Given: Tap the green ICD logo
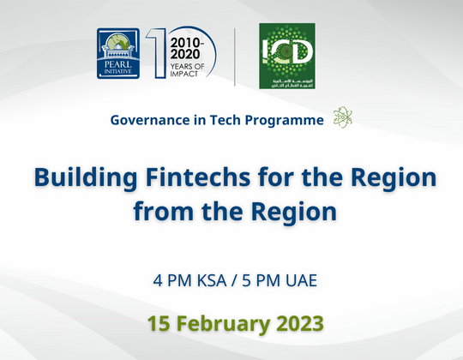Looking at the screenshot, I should tap(287, 57).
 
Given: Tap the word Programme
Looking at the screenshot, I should tap(286, 119).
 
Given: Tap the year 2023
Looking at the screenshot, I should tap(299, 323).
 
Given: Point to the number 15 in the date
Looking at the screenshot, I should tap(157, 323).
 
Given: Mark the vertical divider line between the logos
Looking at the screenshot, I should tap(235, 57).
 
